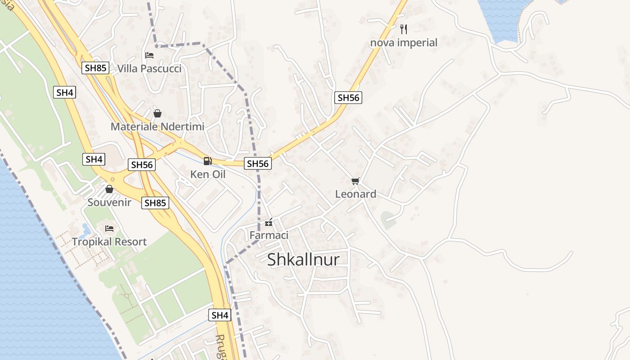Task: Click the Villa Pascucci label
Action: (x=149, y=68)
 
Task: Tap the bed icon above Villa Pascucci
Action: (x=149, y=55)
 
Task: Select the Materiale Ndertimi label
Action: (x=157, y=126)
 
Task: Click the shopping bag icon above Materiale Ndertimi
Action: (x=157, y=113)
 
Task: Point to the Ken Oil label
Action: (x=208, y=174)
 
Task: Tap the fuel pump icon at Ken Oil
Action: (x=207, y=161)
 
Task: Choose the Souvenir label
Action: (x=109, y=202)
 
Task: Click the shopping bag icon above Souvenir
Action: (x=109, y=189)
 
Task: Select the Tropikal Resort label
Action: (x=109, y=242)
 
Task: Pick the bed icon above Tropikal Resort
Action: (x=109, y=229)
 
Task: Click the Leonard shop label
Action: (x=355, y=194)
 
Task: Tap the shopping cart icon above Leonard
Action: (x=355, y=181)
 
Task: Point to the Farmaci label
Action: (x=269, y=235)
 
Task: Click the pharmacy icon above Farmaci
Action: (x=269, y=223)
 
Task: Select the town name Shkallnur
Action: (x=303, y=260)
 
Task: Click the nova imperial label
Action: (x=404, y=43)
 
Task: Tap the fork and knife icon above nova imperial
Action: (x=404, y=29)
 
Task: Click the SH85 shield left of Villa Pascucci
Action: (x=96, y=68)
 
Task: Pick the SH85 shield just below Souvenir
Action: (x=155, y=203)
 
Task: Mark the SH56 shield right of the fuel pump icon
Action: (x=258, y=164)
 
